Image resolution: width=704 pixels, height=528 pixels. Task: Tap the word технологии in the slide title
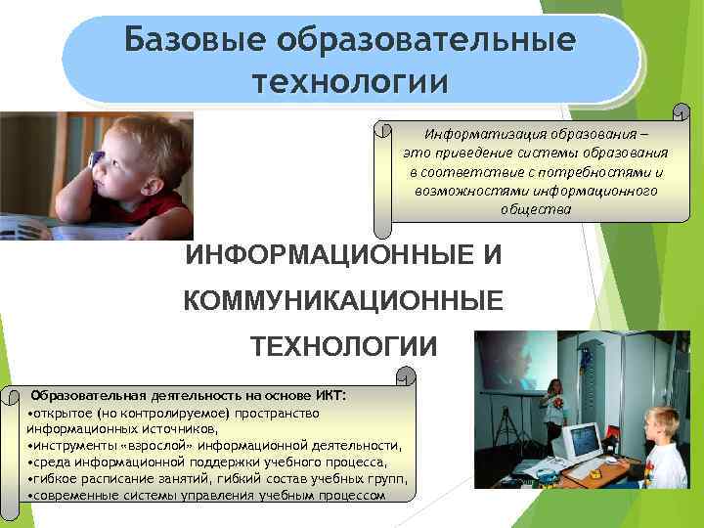[x=351, y=79]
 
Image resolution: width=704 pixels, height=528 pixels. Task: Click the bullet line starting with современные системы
[x=206, y=495]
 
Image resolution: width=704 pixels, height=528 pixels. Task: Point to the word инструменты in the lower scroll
[x=73, y=445]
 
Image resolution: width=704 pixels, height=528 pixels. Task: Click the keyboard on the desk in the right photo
[x=587, y=470]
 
